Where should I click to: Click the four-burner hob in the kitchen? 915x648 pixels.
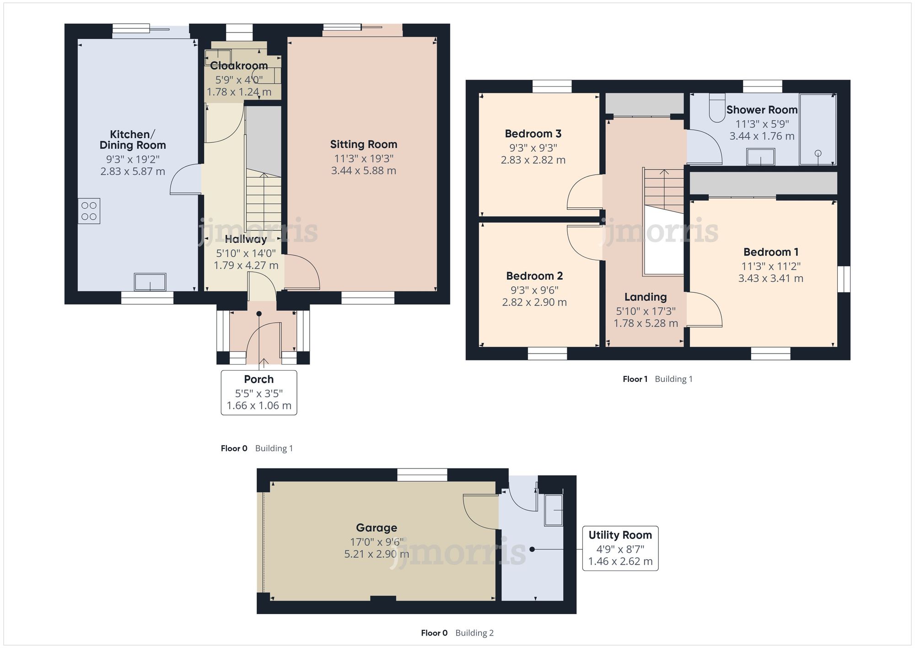(x=89, y=211)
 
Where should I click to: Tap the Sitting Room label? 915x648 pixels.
(x=364, y=145)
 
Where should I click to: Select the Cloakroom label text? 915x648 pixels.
(x=239, y=66)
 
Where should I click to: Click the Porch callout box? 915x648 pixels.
(x=259, y=392)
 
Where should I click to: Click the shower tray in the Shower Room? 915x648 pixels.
(x=818, y=130)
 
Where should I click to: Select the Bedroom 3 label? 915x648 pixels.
(x=533, y=134)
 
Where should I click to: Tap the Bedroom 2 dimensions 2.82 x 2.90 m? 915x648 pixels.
(x=534, y=302)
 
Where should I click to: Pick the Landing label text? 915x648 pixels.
(x=646, y=297)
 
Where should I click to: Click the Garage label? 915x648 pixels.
(x=377, y=528)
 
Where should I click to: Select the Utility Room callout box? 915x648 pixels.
(x=620, y=548)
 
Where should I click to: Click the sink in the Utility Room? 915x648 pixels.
(x=554, y=510)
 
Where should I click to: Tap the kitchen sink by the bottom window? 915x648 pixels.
(x=150, y=282)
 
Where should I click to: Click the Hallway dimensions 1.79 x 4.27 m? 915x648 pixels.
(x=246, y=265)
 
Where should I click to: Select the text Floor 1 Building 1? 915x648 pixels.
(x=657, y=379)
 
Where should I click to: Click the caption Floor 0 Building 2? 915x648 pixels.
(x=457, y=633)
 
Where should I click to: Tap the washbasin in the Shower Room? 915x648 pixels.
(x=761, y=157)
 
